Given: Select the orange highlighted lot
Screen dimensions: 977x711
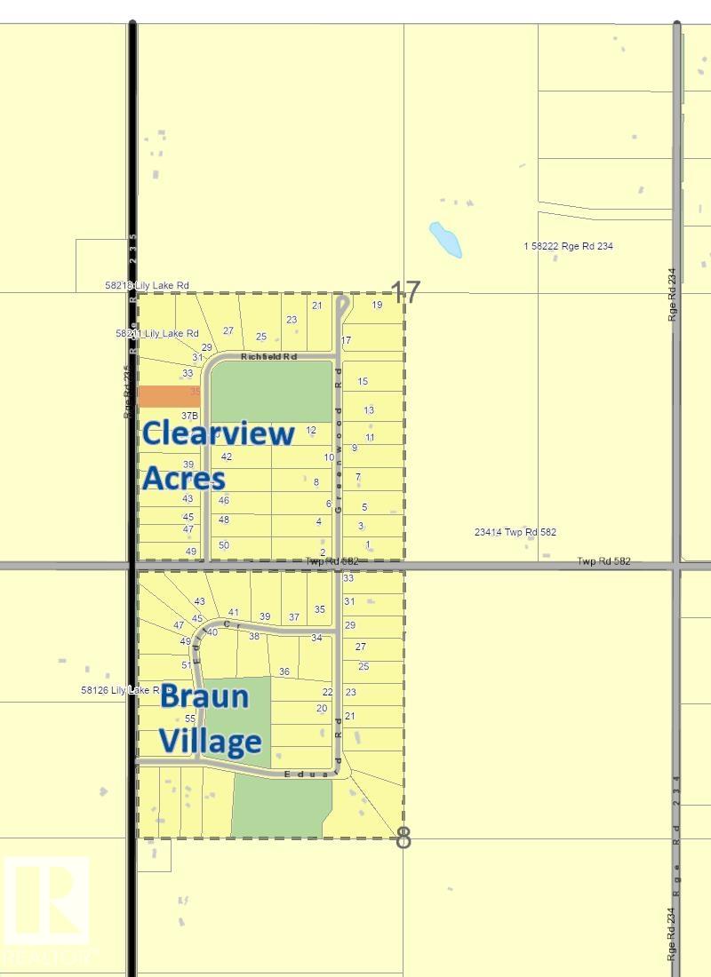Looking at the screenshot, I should pos(168,396).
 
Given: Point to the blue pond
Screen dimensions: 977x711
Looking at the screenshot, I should pos(445,239).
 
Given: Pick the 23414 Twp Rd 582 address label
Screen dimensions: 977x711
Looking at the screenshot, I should pos(515,532).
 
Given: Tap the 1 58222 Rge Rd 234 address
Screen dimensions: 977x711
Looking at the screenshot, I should pos(569,246).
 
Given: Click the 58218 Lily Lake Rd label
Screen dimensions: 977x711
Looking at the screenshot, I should pos(147,285).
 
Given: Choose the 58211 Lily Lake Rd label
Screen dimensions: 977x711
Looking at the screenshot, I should pos(156,333).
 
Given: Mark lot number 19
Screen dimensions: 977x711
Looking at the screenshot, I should pos(377,305).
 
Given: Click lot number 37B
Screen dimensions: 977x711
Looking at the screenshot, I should pos(188,416).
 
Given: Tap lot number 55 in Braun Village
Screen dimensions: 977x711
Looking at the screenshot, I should pos(189,718).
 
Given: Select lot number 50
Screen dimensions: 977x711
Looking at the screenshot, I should pos(224,545).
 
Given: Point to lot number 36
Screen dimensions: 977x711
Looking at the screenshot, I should pos(284,671).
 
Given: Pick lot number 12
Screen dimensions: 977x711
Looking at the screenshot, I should pos(311,430).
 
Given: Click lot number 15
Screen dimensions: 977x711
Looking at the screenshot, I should pos(363,381).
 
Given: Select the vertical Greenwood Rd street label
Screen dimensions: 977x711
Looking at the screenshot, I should pos(339,417).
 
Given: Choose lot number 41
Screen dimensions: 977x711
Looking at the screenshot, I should pos(234,612).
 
